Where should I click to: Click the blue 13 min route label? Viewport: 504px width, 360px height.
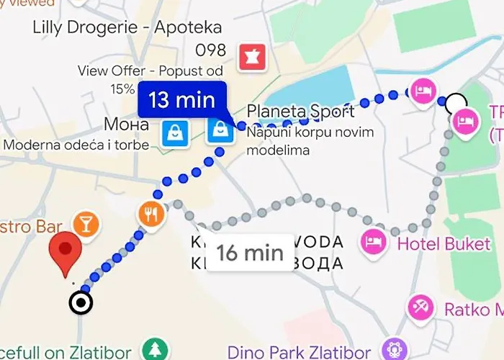coord(182,99)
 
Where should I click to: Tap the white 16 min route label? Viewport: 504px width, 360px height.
coord(250,253)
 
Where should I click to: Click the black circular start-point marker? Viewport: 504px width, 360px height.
coord(81,303)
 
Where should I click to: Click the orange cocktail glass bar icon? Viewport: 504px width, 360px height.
coord(86,223)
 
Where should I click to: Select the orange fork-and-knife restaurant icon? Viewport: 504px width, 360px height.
coord(150,212)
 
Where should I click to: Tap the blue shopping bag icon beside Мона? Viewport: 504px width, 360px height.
coord(175,132)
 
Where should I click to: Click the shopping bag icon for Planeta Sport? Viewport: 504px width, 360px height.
coord(219,130)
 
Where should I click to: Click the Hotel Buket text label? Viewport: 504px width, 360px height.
coord(444,243)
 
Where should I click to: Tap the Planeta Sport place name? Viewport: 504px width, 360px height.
coord(300,112)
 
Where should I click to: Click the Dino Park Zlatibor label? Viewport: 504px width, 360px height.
coord(299,352)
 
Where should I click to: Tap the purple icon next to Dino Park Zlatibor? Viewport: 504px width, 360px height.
coord(393,351)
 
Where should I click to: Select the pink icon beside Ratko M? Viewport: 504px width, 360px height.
coord(419,308)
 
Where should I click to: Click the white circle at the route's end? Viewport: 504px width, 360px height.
coord(455,103)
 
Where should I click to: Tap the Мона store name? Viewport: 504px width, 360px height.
coord(127,124)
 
